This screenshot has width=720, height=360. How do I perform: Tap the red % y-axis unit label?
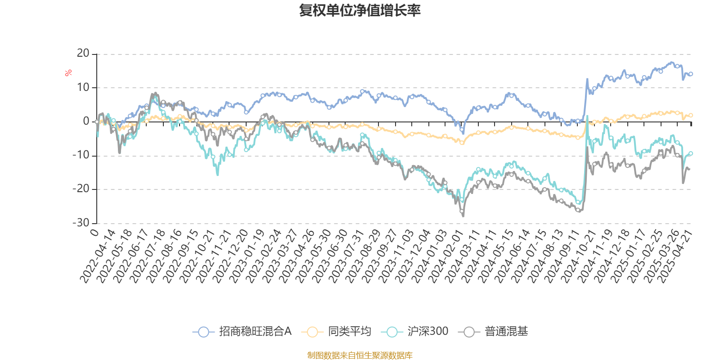pyautogui.click(x=68, y=73)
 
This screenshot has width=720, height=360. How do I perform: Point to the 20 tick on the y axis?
pyautogui.click(x=83, y=54)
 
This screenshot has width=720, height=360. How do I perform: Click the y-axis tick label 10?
pyautogui.click(x=83, y=87)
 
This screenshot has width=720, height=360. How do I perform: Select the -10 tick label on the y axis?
pyautogui.click(x=81, y=155)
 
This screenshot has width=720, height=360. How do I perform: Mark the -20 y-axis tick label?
pyautogui.click(x=81, y=189)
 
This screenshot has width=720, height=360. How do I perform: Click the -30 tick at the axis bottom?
pyautogui.click(x=81, y=223)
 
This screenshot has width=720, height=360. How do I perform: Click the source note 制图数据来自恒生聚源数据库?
pyautogui.click(x=360, y=355)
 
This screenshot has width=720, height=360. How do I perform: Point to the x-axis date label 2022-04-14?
pyautogui.click(x=98, y=256)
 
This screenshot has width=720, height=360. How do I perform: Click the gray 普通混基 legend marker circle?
pyautogui.click(x=469, y=332)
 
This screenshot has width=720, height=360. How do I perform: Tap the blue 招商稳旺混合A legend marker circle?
pyautogui.click(x=203, y=332)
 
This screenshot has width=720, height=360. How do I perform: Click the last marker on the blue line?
pyautogui.click(x=691, y=74)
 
